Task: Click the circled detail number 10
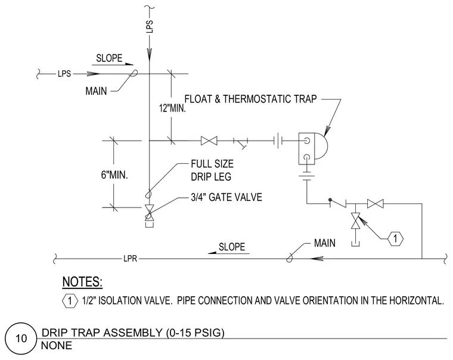click(21, 339)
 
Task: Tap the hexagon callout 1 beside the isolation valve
click(395, 238)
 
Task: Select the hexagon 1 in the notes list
click(70, 301)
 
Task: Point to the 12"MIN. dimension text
click(172, 108)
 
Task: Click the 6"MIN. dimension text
click(114, 175)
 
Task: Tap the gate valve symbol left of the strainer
click(209, 141)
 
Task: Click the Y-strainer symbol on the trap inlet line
click(241, 143)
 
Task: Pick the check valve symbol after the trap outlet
click(338, 203)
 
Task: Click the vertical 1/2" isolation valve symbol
click(355, 221)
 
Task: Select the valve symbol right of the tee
click(376, 204)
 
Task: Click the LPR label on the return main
click(130, 259)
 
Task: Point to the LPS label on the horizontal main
click(64, 74)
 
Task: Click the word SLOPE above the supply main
click(109, 58)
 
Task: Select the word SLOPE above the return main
click(232, 247)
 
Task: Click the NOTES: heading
click(82, 282)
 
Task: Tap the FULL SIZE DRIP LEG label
click(212, 170)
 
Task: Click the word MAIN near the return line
click(325, 243)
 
